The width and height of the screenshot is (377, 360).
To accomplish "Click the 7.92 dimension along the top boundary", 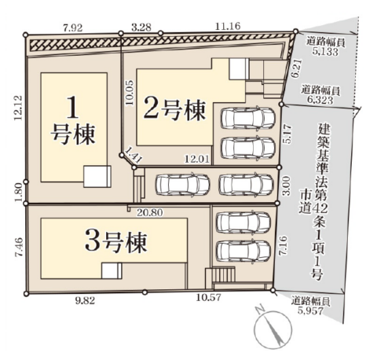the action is pos(73,28).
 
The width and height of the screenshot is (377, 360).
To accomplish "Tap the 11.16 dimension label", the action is pos(228,26).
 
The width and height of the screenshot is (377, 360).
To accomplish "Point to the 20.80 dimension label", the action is pos(150,212).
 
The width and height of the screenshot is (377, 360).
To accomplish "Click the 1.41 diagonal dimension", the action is pos(134,155).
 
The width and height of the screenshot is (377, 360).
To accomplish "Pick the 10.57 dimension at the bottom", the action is pos(209,297).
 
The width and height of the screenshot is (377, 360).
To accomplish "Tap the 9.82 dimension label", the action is pos(85,301).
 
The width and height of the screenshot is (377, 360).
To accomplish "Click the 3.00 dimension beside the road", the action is pos(287,186).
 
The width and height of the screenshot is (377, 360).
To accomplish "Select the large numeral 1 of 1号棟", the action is pos(72,108).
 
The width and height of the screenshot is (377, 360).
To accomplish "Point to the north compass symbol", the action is pos(273,329).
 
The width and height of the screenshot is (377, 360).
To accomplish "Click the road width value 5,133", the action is pos(325,52).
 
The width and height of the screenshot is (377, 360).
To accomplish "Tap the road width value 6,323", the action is pos(320,100).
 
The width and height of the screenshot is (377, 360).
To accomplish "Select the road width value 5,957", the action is pos(311,311).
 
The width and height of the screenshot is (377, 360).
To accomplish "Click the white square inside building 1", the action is pos(97,176).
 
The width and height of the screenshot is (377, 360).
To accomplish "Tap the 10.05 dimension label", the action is pos(130,93).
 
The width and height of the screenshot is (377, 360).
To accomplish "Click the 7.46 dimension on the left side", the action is pos(20,248).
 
